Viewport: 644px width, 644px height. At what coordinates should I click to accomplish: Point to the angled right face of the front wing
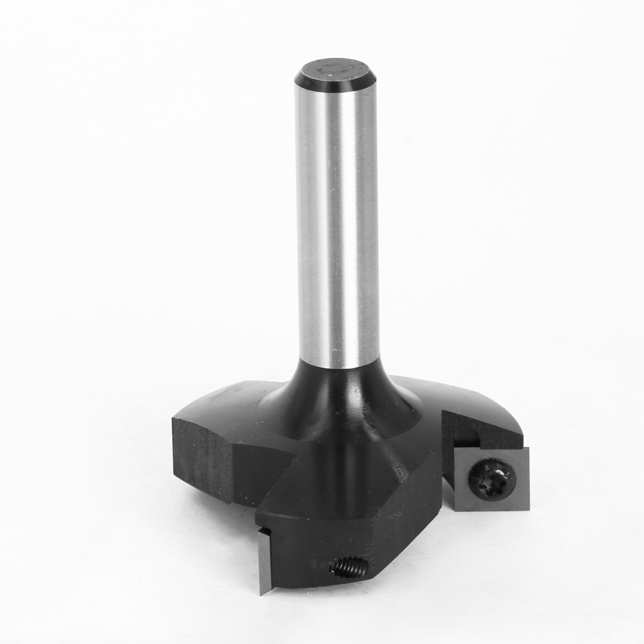[412, 509]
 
